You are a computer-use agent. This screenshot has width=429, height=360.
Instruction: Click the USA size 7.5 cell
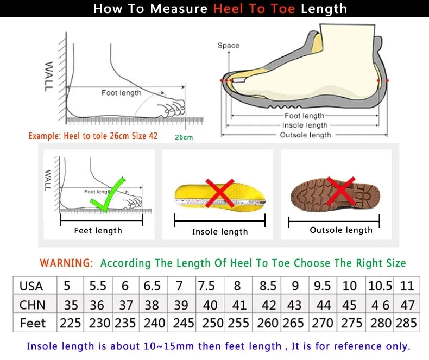coord(206,286)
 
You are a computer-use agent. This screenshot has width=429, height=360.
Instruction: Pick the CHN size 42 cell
coord(268,305)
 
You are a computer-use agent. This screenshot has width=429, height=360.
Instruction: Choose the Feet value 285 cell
coord(406,323)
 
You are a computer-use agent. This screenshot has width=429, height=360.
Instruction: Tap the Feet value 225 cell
coord(70,323)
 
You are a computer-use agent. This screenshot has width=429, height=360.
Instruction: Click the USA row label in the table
coord(31,286)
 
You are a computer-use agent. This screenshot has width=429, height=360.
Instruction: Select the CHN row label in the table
coord(32,305)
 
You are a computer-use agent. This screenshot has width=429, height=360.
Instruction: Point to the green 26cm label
coord(184,137)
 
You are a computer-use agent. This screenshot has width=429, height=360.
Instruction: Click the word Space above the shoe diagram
coord(228,46)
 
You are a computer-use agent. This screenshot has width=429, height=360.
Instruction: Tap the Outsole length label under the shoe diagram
coord(305,135)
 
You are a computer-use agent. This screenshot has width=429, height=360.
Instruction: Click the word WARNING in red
coord(66,263)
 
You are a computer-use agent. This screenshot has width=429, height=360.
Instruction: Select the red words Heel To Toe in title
coord(254,9)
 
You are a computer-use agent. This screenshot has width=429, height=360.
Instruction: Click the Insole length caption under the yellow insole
coord(219,232)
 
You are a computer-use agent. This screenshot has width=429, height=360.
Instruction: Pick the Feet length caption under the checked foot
coord(98,231)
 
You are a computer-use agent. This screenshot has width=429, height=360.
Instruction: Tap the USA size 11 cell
coord(407,286)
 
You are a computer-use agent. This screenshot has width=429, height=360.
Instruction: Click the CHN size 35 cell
coord(70,305)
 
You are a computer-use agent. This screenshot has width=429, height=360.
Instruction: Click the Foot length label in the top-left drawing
coord(121,93)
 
